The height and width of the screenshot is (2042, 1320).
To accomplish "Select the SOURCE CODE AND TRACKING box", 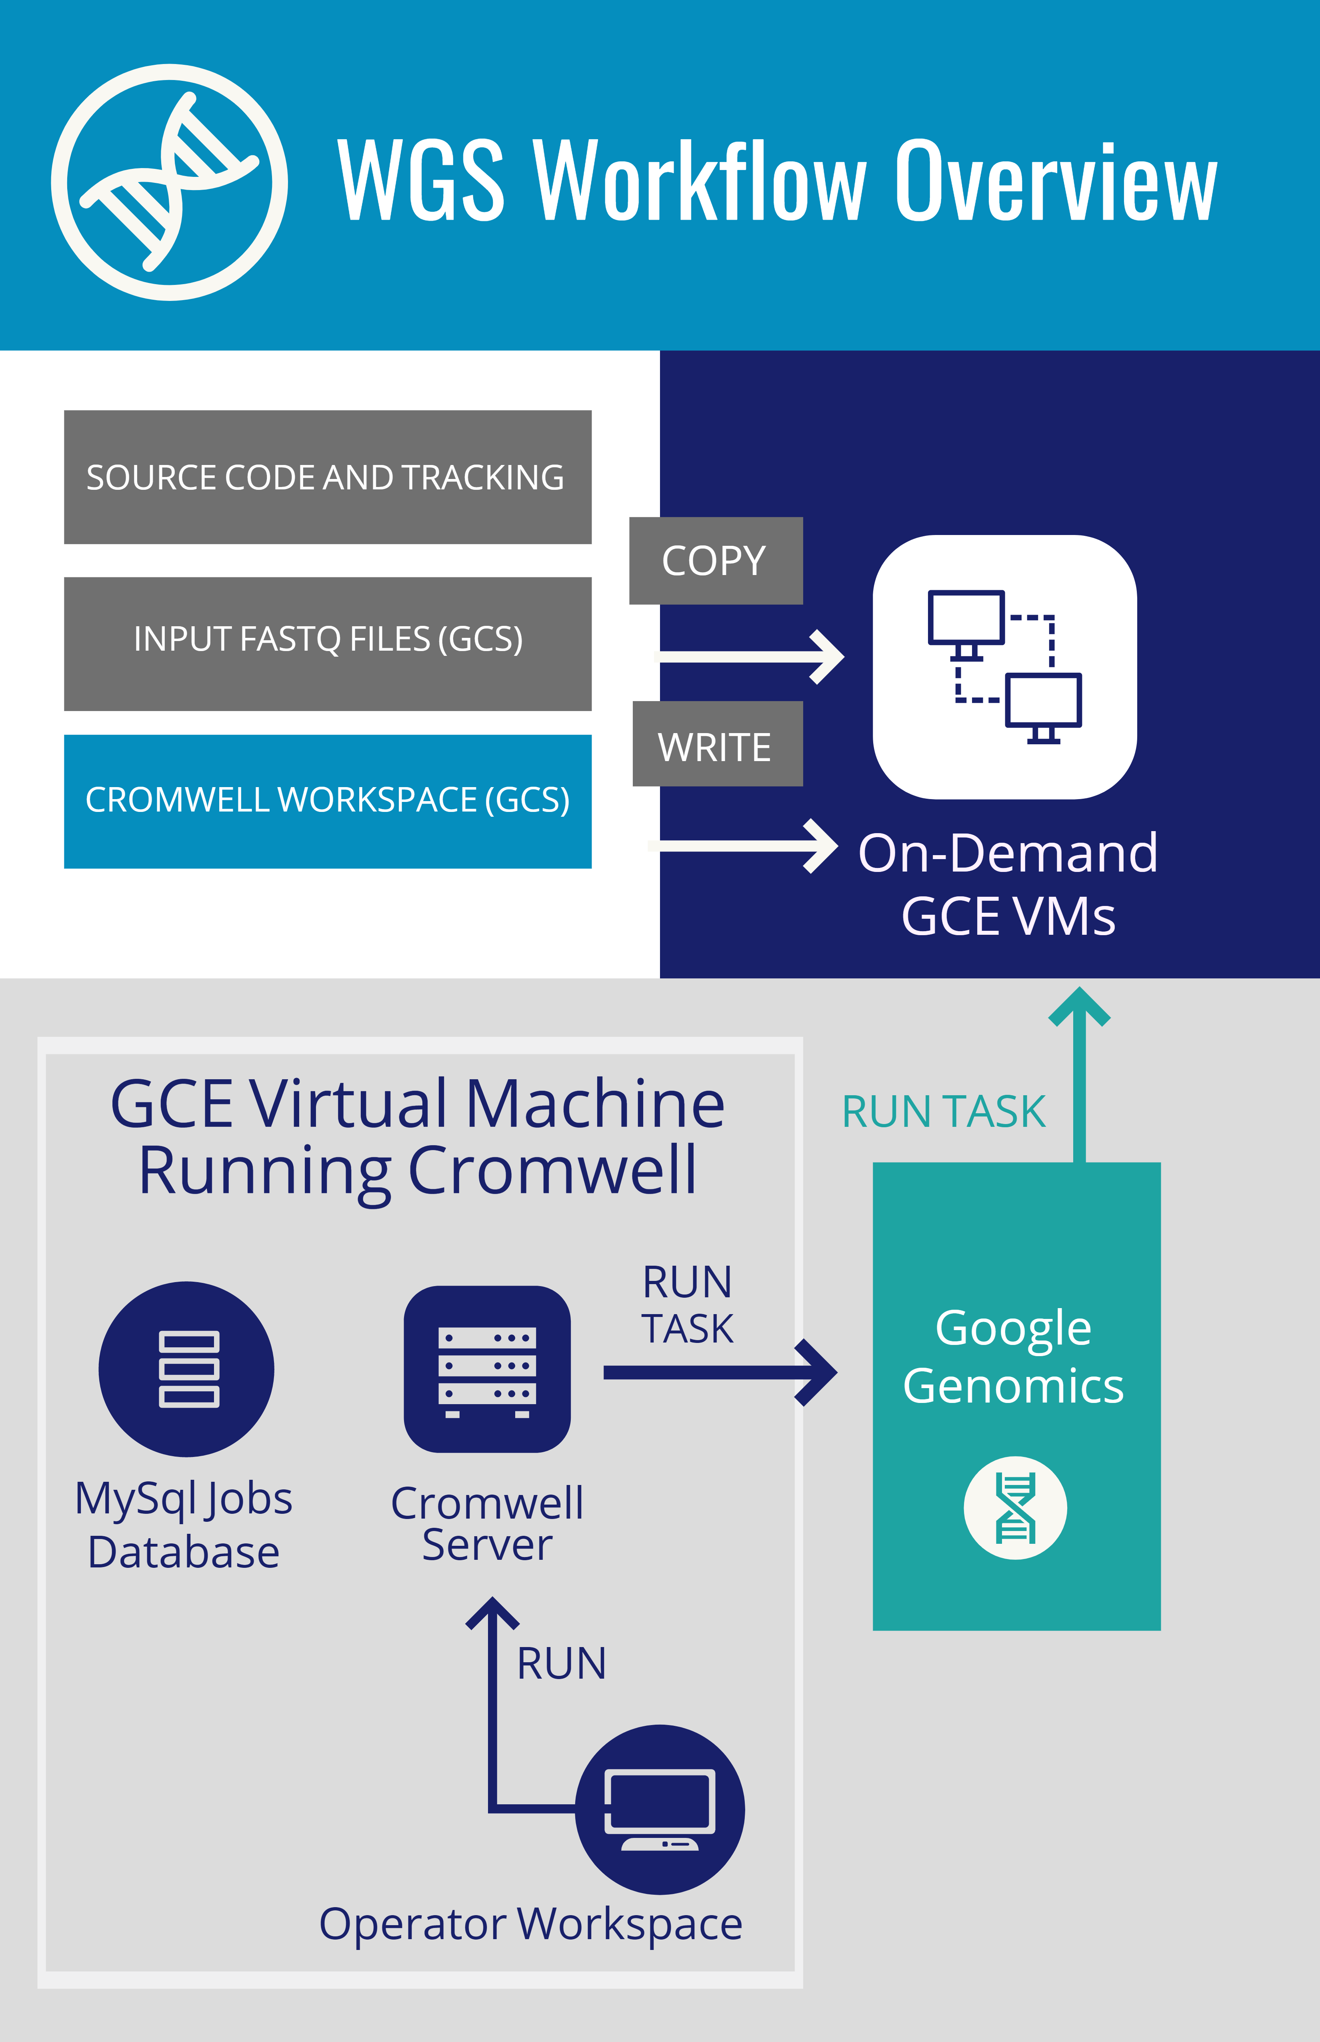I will [328, 477].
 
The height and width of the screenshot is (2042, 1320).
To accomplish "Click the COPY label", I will [715, 561].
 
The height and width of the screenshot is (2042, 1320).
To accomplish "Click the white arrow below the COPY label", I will [750, 657].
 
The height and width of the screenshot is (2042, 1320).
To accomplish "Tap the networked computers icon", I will [1004, 667].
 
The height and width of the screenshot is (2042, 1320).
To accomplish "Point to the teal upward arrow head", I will [1079, 1007].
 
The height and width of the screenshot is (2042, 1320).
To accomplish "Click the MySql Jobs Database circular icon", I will [186, 1369].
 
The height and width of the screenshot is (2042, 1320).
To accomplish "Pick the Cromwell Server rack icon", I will [487, 1369].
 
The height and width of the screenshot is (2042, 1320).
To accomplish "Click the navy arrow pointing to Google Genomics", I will [720, 1373].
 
